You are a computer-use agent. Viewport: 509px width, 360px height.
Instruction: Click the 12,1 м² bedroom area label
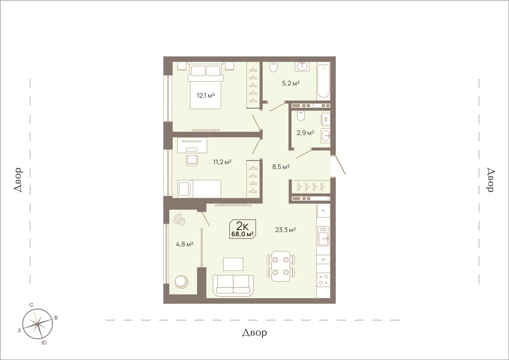tap(205, 95)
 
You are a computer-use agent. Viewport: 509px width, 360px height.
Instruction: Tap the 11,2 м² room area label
tap(222, 162)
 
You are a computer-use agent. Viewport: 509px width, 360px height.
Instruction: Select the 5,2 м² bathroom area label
tap(290, 83)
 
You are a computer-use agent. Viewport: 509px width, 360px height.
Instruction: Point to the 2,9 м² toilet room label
tap(305, 133)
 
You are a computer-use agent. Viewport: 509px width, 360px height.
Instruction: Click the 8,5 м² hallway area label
tap(281, 167)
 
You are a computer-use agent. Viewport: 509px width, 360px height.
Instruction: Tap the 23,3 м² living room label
tap(285, 230)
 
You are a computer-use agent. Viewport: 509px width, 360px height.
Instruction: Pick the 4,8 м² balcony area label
tap(185, 244)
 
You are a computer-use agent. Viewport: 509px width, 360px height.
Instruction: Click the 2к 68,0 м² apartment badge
tap(243, 229)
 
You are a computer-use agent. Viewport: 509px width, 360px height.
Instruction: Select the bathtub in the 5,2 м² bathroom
tap(324, 81)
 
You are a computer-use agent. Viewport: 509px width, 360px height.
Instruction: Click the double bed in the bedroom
tap(205, 86)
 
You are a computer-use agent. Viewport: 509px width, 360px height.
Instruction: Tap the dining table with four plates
tap(281, 266)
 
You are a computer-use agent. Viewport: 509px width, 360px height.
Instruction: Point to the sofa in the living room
tap(234, 285)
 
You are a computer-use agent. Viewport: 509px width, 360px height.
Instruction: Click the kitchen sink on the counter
tap(323, 236)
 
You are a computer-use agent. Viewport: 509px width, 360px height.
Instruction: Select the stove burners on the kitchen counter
tap(323, 279)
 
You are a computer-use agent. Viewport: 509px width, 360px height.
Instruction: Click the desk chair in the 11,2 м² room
tap(192, 161)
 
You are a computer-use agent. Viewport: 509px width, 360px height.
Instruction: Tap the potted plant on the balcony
tap(179, 219)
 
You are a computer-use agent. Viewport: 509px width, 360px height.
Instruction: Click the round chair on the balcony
tap(181, 281)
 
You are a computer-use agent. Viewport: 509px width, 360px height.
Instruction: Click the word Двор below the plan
tap(255, 333)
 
